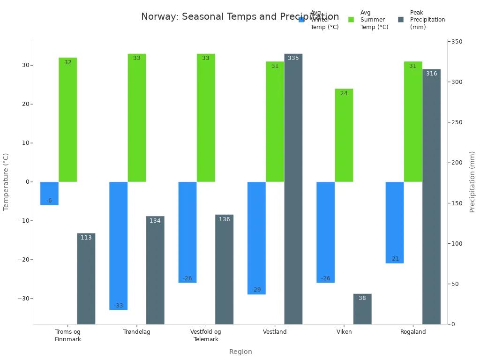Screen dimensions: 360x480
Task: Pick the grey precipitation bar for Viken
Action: (362, 309)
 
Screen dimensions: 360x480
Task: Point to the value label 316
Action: (431, 74)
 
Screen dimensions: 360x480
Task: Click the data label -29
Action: (256, 290)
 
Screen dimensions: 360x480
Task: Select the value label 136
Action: (224, 219)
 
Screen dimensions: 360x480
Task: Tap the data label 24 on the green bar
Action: (344, 93)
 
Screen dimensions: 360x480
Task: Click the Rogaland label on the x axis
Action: (413, 332)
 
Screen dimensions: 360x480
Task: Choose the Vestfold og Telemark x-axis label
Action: (205, 336)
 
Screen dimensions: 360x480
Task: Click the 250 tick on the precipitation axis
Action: (457, 122)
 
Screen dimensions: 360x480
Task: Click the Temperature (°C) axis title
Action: (6, 182)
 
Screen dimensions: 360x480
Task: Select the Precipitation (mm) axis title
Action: (472, 182)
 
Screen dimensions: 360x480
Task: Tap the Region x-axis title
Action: (240, 352)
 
